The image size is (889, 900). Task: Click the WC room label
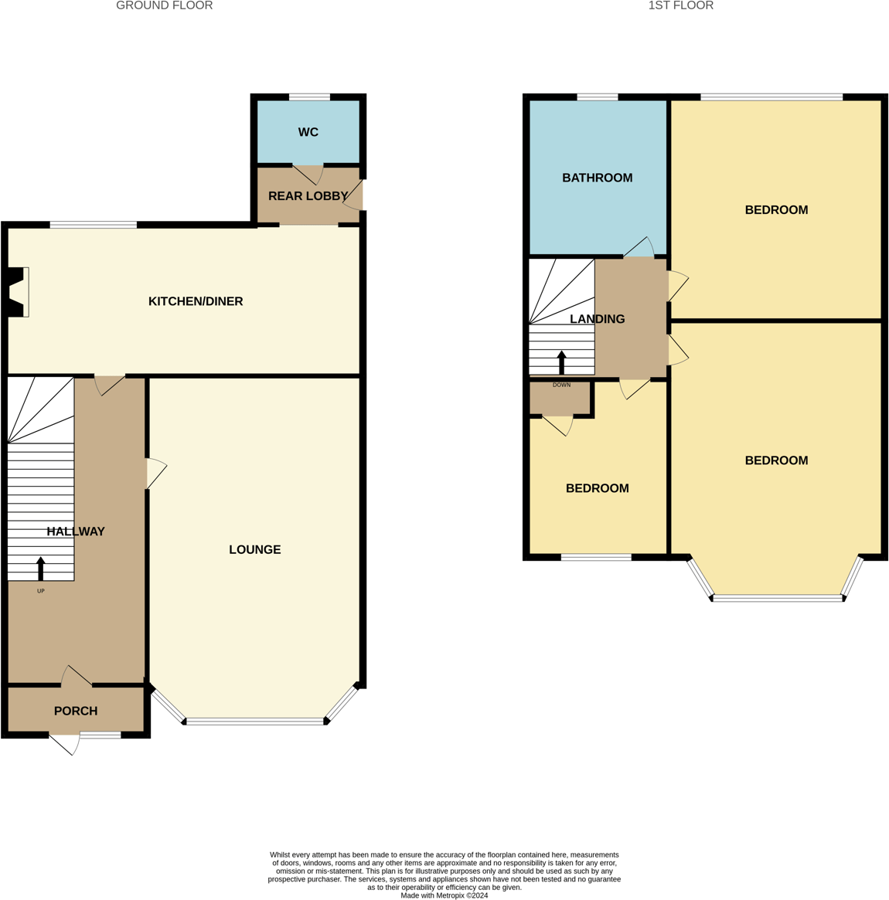pos(308,132)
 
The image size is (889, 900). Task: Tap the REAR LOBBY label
pos(308,196)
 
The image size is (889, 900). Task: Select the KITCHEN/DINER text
pos(196,301)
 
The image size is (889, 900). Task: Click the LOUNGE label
pos(254,549)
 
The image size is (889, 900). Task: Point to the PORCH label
pos(76,711)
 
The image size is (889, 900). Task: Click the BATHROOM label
pos(597,178)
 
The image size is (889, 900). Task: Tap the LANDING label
pos(597,318)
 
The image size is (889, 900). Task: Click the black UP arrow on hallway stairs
pos(41,569)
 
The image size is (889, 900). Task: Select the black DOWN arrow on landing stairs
pos(562,362)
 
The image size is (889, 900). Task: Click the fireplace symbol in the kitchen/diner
pos(17,292)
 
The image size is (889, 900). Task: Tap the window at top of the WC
pos(309,97)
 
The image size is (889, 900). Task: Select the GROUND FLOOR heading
pos(164,5)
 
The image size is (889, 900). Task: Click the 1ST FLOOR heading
pos(680,5)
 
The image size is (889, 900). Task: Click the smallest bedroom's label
pos(597,488)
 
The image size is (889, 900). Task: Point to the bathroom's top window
pos(597,97)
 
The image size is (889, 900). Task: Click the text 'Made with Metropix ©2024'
pos(444,895)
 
